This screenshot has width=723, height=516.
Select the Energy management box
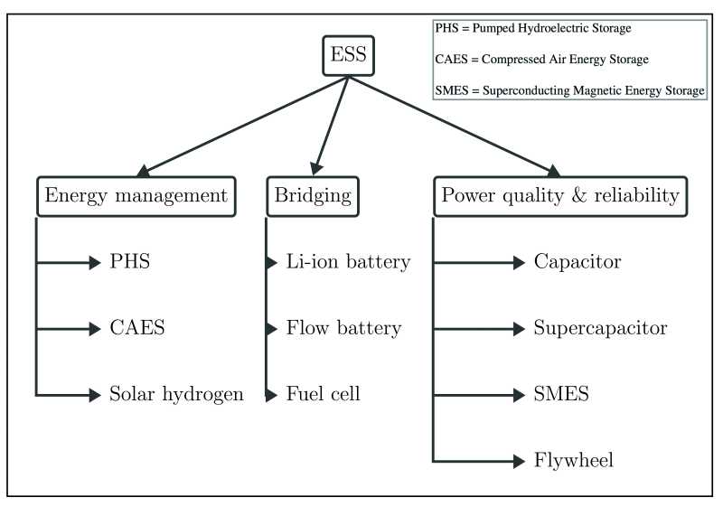pyautogui.click(x=136, y=196)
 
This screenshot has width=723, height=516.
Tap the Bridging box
pyautogui.click(x=313, y=196)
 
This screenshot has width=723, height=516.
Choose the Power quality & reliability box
pyautogui.click(x=559, y=196)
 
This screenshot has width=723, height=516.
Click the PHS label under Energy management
pyautogui.click(x=129, y=263)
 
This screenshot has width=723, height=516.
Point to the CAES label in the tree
pyautogui.click(x=137, y=328)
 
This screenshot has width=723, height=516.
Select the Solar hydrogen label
pyautogui.click(x=176, y=394)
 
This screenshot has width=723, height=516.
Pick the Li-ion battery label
pyautogui.click(x=348, y=263)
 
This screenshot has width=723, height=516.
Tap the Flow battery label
pyautogui.click(x=343, y=328)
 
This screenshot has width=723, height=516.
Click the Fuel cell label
pyautogui.click(x=323, y=394)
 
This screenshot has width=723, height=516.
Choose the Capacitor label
pyautogui.click(x=577, y=263)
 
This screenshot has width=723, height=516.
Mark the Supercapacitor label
pyautogui.click(x=600, y=328)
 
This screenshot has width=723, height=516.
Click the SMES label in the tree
pyautogui.click(x=561, y=394)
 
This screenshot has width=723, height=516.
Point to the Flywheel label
pyautogui.click(x=573, y=461)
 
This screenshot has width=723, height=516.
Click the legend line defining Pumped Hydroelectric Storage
pyautogui.click(x=533, y=28)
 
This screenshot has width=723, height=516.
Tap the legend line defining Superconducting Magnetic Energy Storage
pyautogui.click(x=569, y=90)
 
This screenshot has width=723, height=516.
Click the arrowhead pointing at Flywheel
pyautogui.click(x=518, y=461)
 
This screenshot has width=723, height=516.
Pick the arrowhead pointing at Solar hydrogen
pyautogui.click(x=95, y=394)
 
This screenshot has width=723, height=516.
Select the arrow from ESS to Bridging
pyautogui.click(x=331, y=124)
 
